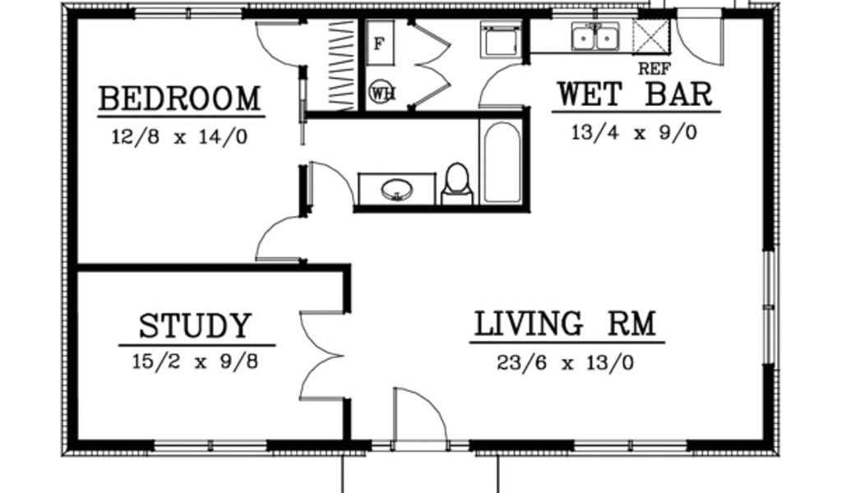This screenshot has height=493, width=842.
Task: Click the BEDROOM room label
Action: pos(180,99)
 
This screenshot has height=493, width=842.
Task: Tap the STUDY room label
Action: pos(196,325)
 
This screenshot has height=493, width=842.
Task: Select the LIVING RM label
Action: pos(566,324)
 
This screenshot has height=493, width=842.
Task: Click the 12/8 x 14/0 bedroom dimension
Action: pos(179,136)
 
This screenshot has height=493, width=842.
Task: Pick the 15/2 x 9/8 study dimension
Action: pos(196,362)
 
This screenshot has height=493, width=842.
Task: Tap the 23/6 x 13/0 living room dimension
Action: pos(566,363)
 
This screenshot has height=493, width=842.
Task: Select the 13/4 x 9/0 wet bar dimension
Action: pos(634,132)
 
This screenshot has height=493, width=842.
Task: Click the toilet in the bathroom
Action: pos(457,183)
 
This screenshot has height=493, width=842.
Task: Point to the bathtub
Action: pos(502,161)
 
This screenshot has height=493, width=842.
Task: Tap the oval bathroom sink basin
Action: pos(397,189)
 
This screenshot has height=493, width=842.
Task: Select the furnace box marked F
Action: pos(380,44)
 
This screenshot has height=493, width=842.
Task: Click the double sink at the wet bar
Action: pos(594,36)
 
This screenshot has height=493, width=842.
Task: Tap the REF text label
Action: pos(654,69)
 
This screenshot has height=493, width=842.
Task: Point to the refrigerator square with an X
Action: pos(651,36)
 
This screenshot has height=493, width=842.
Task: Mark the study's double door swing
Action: pos(322,355)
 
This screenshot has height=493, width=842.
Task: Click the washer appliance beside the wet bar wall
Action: pos(502,39)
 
